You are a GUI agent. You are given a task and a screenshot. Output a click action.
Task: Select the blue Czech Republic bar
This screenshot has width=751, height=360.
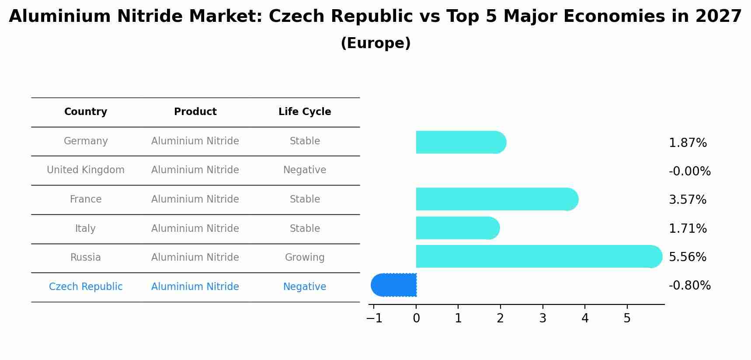(x=393, y=285)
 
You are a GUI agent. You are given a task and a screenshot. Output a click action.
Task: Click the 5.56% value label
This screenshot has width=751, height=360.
(x=688, y=257)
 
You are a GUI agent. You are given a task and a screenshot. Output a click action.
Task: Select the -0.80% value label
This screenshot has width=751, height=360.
(x=689, y=285)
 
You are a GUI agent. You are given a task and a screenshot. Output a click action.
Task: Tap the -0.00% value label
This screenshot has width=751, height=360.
(x=689, y=171)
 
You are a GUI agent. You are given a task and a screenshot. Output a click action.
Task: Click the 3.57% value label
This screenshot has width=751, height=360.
(x=688, y=199)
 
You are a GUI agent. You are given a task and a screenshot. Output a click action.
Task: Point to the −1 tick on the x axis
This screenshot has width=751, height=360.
(x=374, y=318)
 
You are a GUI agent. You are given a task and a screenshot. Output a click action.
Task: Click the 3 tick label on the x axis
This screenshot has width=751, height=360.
(x=542, y=318)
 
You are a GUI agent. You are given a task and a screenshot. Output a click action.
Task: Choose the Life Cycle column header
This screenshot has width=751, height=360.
(x=305, y=112)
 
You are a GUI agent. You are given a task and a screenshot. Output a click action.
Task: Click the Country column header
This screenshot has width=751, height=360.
(x=86, y=112)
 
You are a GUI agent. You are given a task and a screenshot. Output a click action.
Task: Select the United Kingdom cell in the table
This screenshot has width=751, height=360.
(x=86, y=170)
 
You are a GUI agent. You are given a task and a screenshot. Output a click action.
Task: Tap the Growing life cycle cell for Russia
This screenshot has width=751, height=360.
(x=305, y=257)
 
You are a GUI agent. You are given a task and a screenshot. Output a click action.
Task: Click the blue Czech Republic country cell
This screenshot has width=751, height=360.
(x=86, y=287)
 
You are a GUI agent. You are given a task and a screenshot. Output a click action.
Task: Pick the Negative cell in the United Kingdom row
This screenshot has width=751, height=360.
(x=305, y=170)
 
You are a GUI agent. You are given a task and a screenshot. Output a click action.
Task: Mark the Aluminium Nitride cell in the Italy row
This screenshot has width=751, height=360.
(x=195, y=228)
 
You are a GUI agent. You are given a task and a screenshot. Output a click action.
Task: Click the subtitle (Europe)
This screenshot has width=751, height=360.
(x=375, y=43)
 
